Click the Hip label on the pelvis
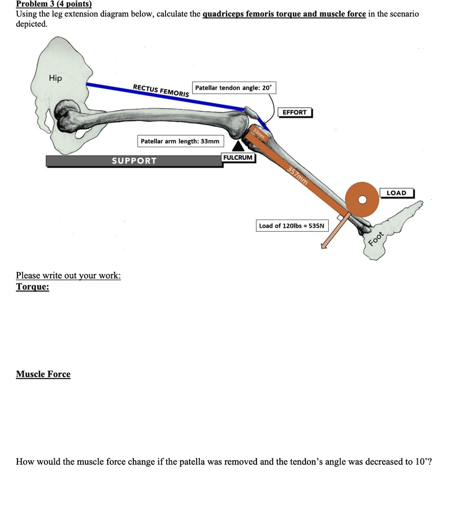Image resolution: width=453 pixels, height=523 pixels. click(x=55, y=78)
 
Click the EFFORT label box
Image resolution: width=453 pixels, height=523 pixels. click(x=294, y=112)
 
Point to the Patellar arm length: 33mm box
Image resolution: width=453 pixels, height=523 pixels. click(x=180, y=141)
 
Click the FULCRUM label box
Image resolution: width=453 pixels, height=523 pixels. click(x=238, y=157)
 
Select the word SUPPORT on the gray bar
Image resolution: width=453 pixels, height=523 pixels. click(x=134, y=161)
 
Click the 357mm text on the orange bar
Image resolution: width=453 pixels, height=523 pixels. click(x=297, y=175)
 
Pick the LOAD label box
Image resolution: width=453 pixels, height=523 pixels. click(x=396, y=193)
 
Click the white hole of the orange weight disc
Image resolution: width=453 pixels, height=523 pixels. click(x=363, y=199)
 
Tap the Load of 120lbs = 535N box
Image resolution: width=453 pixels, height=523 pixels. click(x=292, y=225)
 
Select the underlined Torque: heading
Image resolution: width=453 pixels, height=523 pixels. click(x=33, y=287)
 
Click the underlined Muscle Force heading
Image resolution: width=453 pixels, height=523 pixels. click(x=43, y=374)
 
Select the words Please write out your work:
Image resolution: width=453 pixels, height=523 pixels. click(x=68, y=276)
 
